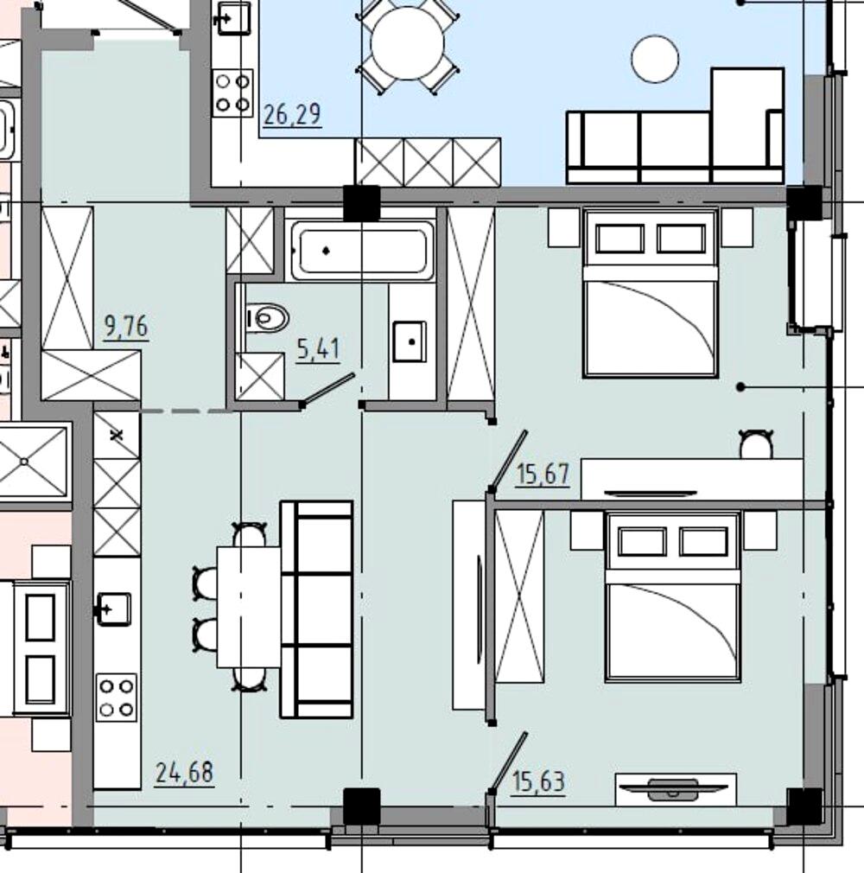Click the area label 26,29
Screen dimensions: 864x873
point(292,114)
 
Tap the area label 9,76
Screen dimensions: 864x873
point(126,326)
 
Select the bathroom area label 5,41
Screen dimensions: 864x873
point(318,350)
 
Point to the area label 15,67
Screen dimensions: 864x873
point(543,475)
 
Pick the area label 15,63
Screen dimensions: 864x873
point(538,781)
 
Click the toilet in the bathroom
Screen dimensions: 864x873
point(266,318)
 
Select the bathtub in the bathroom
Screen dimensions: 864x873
point(360,250)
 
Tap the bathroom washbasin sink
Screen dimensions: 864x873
point(410,341)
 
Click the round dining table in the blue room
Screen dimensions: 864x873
point(408,43)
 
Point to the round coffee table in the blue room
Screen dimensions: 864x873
point(655,59)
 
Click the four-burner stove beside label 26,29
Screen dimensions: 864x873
point(232,93)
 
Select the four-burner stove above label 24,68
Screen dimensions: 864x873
point(117,698)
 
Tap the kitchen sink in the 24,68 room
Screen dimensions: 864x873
point(114,608)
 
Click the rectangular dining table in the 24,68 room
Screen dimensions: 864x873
point(249,607)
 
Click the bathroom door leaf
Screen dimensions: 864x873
point(327,389)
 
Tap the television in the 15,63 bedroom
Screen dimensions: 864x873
point(674,788)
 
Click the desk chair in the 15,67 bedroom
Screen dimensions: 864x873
point(756,443)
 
